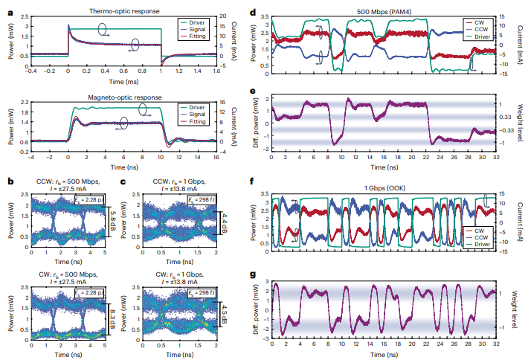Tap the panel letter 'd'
point(254,12)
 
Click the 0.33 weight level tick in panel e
point(502,117)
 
